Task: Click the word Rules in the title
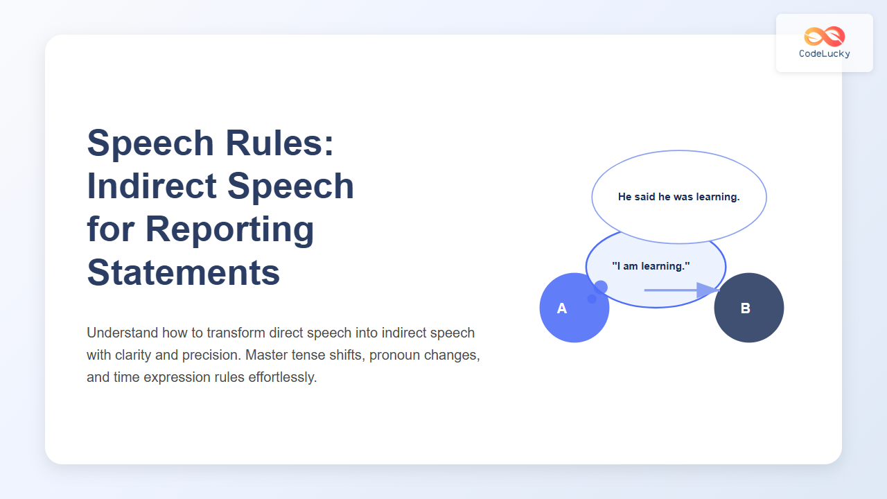pos(283,143)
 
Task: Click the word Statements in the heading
pos(183,272)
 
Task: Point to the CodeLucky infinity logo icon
pos(824,36)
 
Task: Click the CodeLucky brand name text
pos(824,54)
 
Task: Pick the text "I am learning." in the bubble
pos(651,266)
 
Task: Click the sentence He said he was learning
pos(678,197)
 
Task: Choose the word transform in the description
pos(234,333)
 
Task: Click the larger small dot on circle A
pos(601,287)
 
